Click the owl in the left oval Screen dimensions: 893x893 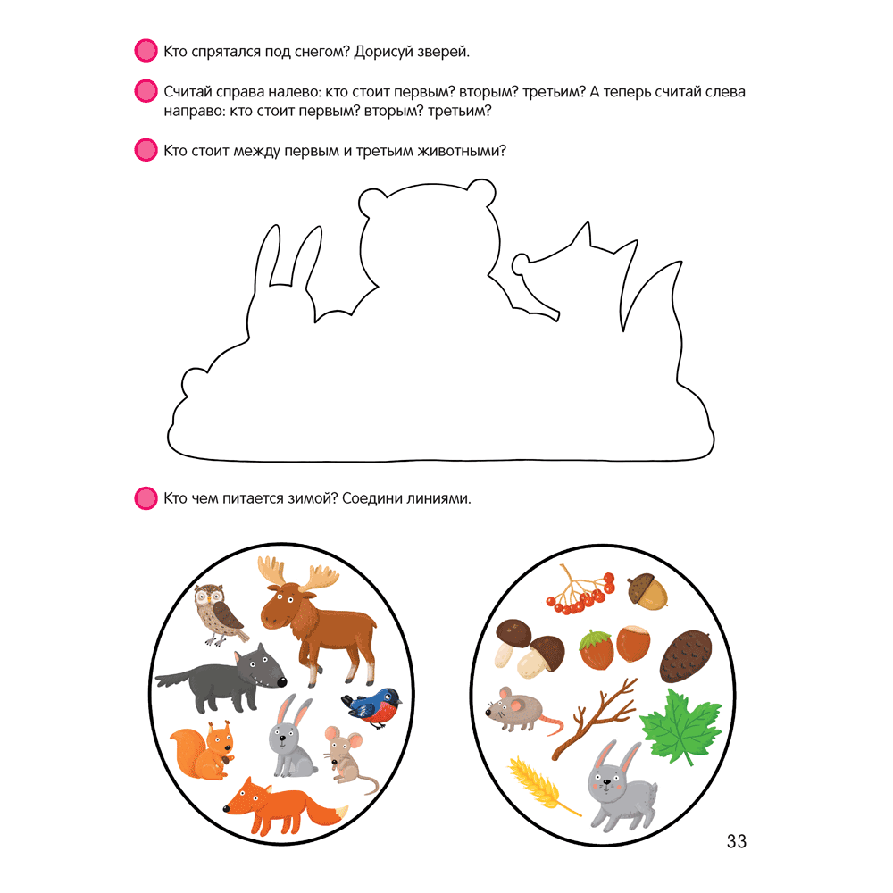tap(220, 615)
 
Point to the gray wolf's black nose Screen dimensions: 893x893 tap(281, 681)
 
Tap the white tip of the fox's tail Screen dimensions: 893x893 tap(342, 811)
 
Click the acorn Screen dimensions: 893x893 tap(648, 591)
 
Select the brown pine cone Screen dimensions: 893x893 tap(686, 656)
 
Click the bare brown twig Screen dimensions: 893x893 tap(594, 719)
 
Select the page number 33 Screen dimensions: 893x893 tap(737, 841)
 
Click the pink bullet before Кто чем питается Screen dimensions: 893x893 tap(146, 497)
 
